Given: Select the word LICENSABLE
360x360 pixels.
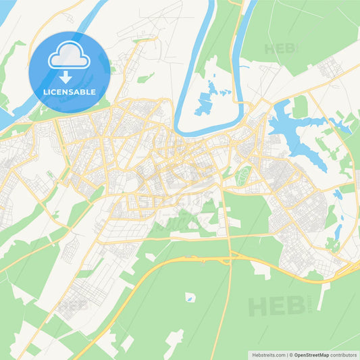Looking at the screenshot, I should tap(70, 92).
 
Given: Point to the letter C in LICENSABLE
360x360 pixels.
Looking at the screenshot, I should tap(56, 92).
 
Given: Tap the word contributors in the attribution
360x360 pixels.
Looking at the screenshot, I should tap(344, 355).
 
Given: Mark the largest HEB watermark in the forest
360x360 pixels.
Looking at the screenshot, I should tap(276, 305).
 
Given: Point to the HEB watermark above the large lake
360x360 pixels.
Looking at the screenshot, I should tap(280, 49).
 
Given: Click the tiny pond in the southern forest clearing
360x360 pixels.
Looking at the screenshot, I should tap(190, 298).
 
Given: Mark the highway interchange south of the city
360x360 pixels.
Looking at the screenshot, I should tap(230, 257).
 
